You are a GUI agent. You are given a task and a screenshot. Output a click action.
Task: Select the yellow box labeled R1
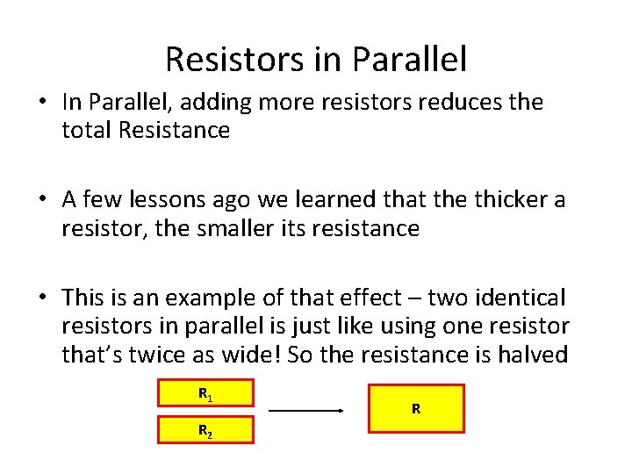coord(205,393)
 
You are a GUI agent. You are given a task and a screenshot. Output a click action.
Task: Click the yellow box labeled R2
coord(205,430)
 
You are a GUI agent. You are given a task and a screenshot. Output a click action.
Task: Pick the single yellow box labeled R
coord(416,408)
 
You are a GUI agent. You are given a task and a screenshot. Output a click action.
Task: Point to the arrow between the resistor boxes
coord(305,410)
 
